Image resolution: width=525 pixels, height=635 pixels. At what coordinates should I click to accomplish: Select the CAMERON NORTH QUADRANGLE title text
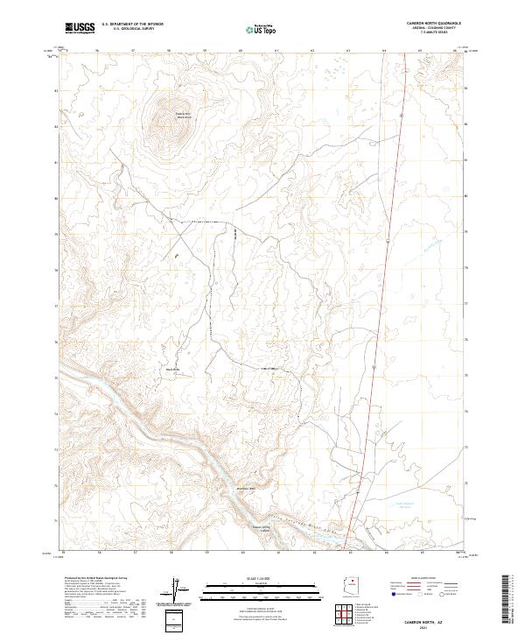(x=432, y=23)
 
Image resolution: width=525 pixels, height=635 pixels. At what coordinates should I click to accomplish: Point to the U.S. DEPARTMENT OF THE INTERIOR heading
(x=131, y=24)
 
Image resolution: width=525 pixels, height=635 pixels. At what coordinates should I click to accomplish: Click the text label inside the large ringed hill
(x=182, y=114)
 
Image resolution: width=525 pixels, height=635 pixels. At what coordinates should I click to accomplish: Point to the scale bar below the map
(x=262, y=589)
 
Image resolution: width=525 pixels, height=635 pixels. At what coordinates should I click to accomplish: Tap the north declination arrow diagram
(x=178, y=589)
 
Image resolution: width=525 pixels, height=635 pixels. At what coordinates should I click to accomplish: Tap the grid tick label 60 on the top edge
(x=241, y=50)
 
